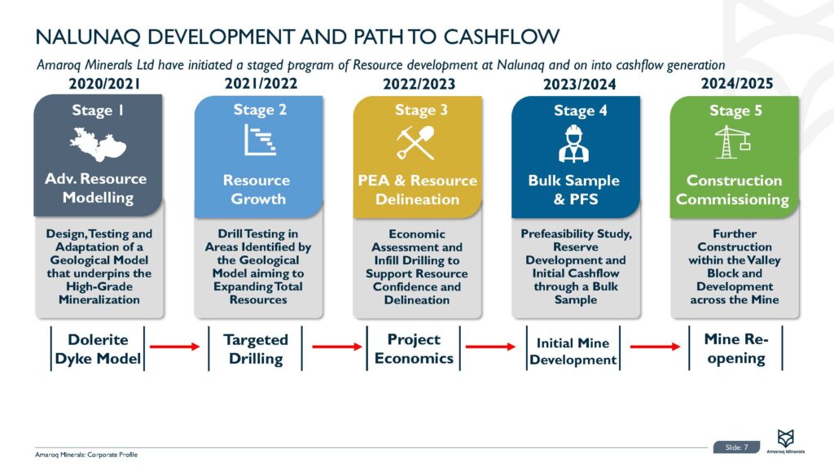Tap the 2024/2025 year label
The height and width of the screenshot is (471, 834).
coord(736,83)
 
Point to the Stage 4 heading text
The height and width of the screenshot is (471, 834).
coord(581,111)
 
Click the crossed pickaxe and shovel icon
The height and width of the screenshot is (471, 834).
coord(415,143)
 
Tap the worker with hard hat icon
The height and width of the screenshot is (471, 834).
coord(574,145)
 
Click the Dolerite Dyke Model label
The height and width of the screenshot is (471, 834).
coord(97,348)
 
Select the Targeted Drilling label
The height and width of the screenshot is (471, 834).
coord(256,348)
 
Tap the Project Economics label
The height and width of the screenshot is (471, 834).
coord(414,348)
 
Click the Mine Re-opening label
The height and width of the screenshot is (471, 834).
coord(735,348)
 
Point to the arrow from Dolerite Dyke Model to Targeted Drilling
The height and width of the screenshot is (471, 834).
coord(174,347)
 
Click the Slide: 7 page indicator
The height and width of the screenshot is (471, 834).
coord(736,447)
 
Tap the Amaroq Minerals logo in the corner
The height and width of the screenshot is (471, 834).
coord(785,440)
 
